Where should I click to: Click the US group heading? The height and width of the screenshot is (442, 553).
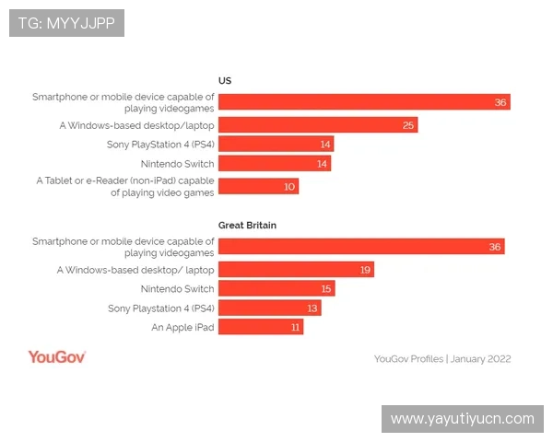(x=224, y=80)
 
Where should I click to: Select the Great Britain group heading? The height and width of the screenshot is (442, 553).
(x=247, y=225)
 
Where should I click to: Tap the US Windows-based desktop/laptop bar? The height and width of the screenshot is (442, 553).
(x=317, y=125)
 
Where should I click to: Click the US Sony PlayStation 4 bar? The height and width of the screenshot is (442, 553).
(x=276, y=145)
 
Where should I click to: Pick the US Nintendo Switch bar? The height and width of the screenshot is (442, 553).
(x=275, y=164)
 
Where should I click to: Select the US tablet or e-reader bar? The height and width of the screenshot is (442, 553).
(x=258, y=186)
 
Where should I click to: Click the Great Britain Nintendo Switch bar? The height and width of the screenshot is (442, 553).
(x=276, y=289)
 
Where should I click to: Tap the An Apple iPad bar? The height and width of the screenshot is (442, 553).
(x=260, y=327)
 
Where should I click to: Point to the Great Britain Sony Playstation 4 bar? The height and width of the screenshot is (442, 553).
(x=269, y=308)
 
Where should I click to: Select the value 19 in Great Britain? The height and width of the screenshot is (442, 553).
(x=366, y=270)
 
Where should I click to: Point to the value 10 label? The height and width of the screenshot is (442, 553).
(x=289, y=186)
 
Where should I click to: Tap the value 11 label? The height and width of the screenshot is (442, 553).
(x=295, y=327)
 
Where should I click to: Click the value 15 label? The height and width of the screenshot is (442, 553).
(x=326, y=289)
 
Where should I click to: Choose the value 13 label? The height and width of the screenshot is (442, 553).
(x=312, y=308)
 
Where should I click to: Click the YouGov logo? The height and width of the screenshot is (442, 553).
(x=56, y=357)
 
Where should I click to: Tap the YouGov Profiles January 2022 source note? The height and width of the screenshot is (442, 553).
(x=442, y=359)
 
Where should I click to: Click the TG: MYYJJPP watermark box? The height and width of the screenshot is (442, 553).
(x=66, y=23)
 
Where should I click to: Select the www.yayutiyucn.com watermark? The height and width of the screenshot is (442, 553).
(x=462, y=419)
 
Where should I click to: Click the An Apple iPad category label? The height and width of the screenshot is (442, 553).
(x=182, y=327)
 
